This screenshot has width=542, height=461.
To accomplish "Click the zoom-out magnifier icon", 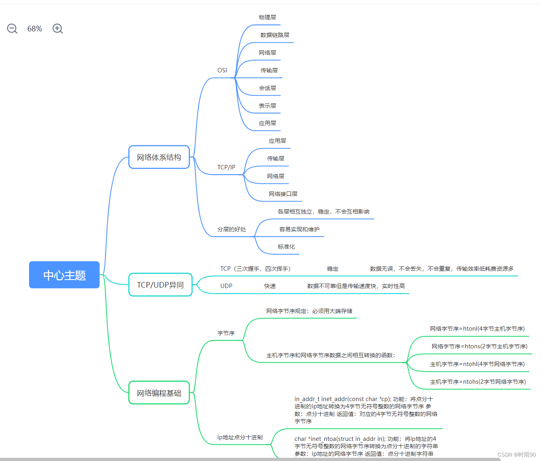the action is (12, 29).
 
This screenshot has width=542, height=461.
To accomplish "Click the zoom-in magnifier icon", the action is (58, 29).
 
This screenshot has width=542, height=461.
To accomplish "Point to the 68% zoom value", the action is (35, 29).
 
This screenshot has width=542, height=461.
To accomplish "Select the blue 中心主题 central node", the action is (64, 275).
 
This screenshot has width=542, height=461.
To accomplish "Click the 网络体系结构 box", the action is (159, 157).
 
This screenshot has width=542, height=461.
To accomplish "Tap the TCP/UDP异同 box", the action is (160, 285).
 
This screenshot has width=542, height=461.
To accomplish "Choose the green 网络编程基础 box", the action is (159, 393).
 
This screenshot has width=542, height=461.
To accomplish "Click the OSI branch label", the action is (222, 70).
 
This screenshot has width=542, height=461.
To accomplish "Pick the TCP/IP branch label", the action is (226, 167).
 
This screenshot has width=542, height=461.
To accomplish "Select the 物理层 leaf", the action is (267, 17).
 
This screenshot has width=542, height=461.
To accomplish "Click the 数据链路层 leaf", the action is (274, 35).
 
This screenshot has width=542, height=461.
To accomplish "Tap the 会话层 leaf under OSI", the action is (267, 88).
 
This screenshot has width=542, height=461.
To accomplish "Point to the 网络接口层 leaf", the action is (283, 194).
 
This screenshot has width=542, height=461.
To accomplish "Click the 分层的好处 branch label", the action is (231, 229).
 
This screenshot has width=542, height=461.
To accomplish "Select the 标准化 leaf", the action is (286, 247).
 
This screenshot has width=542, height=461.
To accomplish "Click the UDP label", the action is (226, 286).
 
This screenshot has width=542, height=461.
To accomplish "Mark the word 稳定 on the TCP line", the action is (332, 269).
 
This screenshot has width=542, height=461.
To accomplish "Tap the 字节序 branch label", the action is (226, 333).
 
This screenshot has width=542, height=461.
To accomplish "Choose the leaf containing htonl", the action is (477, 329).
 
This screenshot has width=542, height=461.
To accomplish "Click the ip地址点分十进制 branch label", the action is (240, 437).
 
